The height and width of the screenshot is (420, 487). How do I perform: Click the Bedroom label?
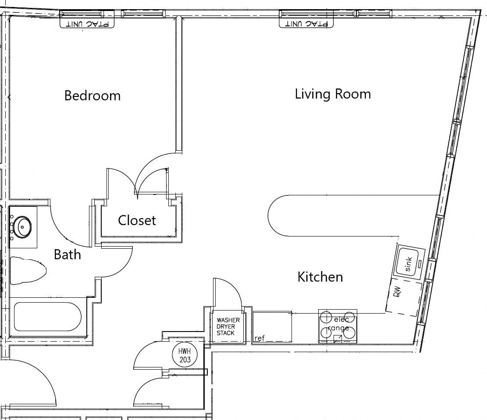coord(92,95)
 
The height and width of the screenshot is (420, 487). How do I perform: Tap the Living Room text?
coord(333,94)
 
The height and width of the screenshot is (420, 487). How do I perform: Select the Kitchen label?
coord(320,277)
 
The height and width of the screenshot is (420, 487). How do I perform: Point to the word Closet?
coord(137,220)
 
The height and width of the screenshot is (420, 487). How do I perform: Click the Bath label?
coord(68,254)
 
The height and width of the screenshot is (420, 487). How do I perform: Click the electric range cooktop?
coord(338,326)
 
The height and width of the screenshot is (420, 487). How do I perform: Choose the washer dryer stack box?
coord(228,326)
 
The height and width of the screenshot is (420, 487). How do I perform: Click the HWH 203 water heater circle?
coord(185,356)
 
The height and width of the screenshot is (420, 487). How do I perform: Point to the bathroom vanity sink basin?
coord(23,227)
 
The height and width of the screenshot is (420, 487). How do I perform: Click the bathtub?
coord(47,317)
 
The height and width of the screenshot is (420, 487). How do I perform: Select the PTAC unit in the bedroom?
coord(87,23)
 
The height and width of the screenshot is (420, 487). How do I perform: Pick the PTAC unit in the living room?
coord(306,23)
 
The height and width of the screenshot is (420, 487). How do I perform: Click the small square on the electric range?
coord(338,339)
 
